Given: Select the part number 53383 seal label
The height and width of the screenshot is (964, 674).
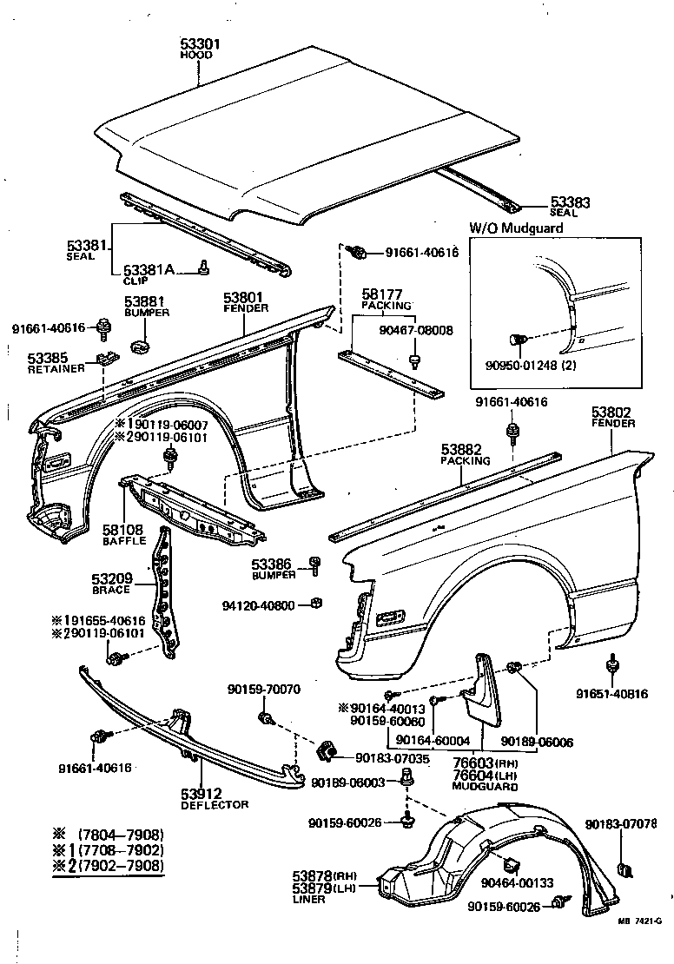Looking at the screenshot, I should coord(569,202).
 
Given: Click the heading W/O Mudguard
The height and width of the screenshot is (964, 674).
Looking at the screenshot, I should coord(517,228).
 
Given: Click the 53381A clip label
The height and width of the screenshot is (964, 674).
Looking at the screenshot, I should coord(149,271).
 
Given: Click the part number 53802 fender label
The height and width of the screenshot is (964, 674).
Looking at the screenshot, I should coord(613,413).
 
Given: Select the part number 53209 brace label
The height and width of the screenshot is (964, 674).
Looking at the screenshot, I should coord(110,578).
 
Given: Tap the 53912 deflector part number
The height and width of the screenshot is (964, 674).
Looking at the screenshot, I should coord(202,793).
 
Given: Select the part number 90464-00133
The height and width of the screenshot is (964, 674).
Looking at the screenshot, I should coord(516,883).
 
